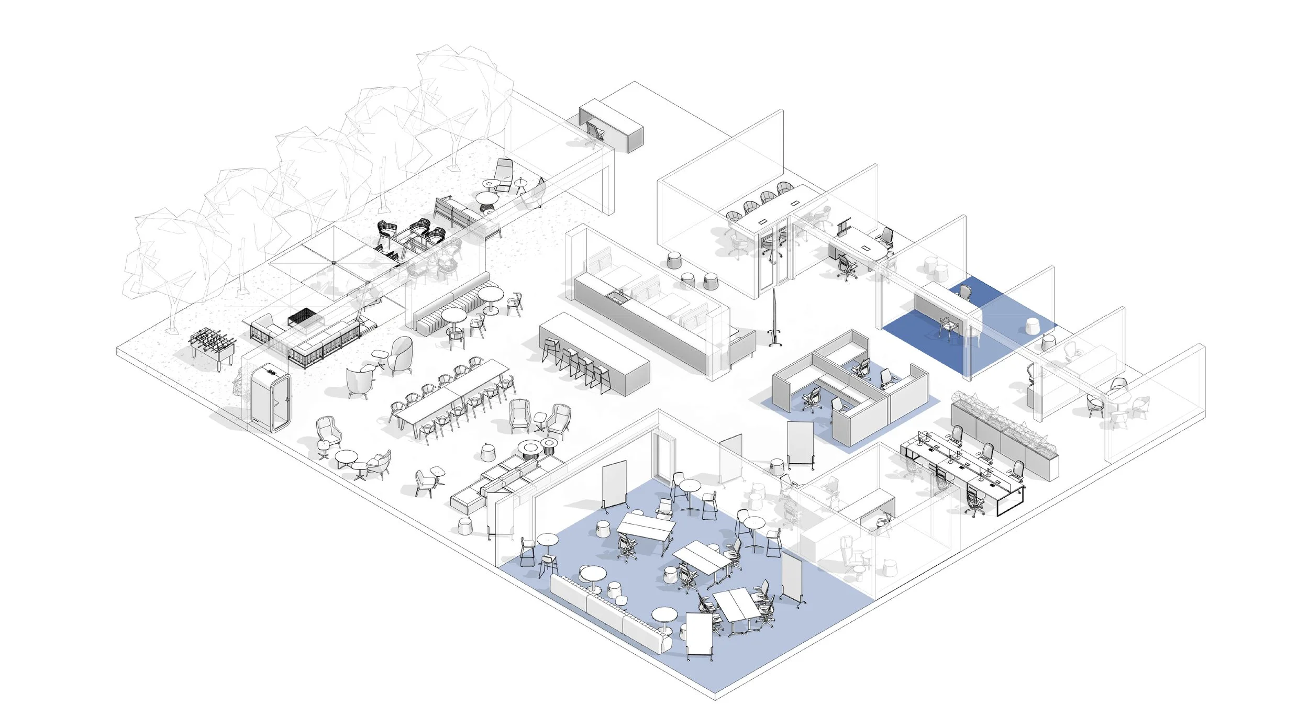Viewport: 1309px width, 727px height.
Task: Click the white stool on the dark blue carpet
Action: (x=1033, y=326)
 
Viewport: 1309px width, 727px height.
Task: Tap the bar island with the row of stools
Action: (x=594, y=353)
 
